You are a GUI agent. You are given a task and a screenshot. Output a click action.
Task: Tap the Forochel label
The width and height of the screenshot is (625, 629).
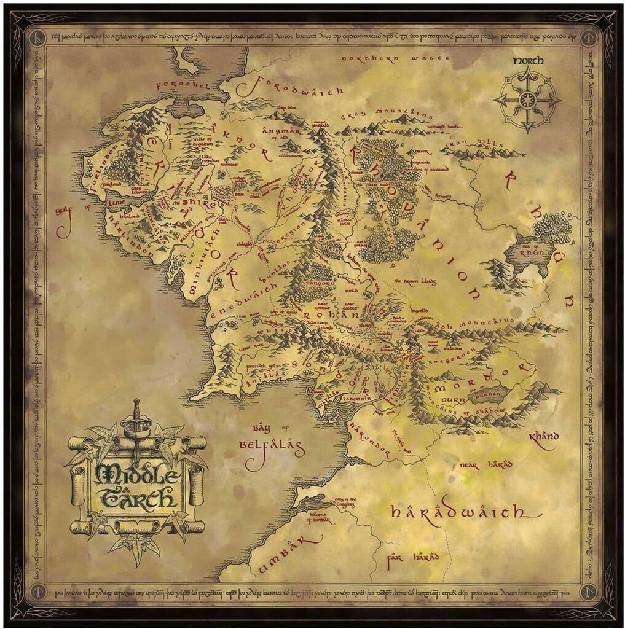184,85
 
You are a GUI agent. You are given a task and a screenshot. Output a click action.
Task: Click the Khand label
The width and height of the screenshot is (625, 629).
544,437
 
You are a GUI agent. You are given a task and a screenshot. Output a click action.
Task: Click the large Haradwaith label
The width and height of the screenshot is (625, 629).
458,511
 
